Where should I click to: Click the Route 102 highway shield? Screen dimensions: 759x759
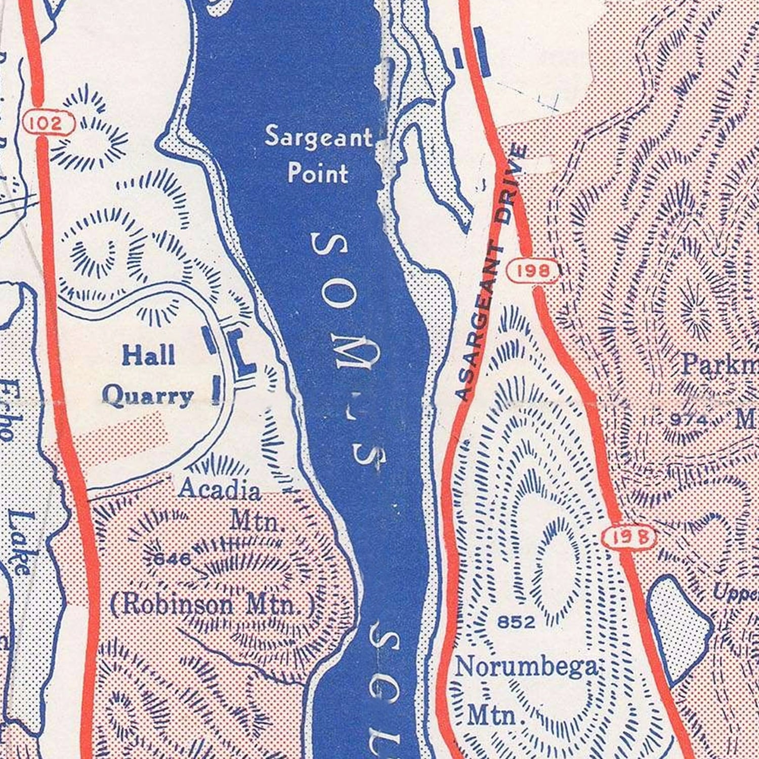pos(49,123)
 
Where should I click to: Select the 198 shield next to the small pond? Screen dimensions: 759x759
pos(629,537)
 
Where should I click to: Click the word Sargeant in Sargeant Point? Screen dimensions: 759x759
pos(319,138)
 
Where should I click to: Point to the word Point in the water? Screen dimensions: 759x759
pos(318,173)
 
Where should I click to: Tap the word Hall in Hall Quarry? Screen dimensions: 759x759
pos(148,356)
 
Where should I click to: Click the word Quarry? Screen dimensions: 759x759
pos(148,397)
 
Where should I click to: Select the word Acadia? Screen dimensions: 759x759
pos(220,489)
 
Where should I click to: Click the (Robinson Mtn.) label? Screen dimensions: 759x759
pos(213,605)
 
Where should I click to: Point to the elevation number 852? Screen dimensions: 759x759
pos(516,622)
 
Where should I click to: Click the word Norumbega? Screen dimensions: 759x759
pos(526,667)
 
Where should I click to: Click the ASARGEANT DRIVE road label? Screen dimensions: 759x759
pos(491,273)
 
